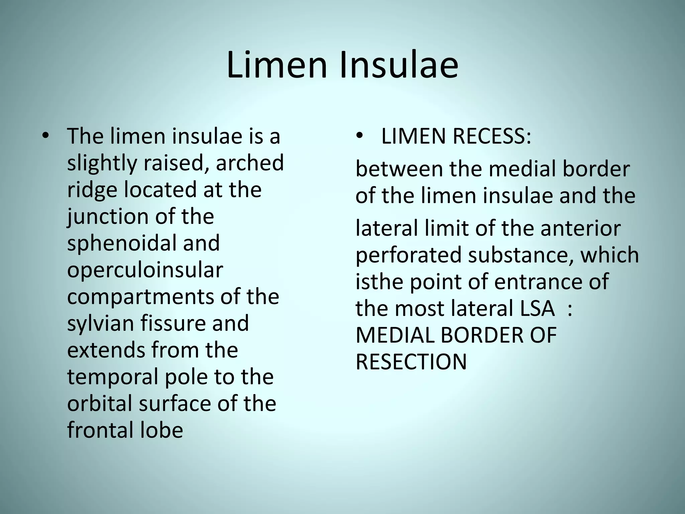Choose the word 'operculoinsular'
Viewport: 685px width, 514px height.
click(x=145, y=270)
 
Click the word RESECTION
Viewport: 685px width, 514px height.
click(x=411, y=362)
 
